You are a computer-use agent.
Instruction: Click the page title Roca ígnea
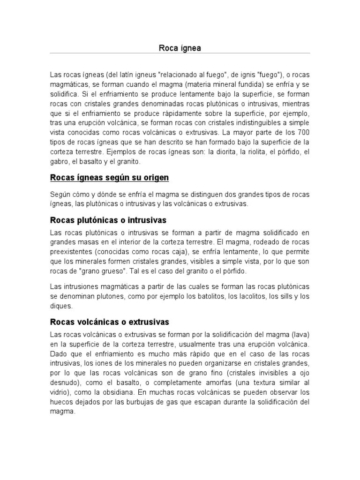(180, 48)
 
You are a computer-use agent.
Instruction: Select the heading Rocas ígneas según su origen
(109, 178)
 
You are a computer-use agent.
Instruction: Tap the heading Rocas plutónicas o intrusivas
(108, 220)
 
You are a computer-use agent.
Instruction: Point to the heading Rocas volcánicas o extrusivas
(109, 322)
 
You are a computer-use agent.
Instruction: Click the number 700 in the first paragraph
(303, 133)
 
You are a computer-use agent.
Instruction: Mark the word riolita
(253, 152)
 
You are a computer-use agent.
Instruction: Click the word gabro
(59, 162)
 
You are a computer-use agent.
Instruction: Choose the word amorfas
(220, 382)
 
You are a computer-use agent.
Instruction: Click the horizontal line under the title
(180, 53)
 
